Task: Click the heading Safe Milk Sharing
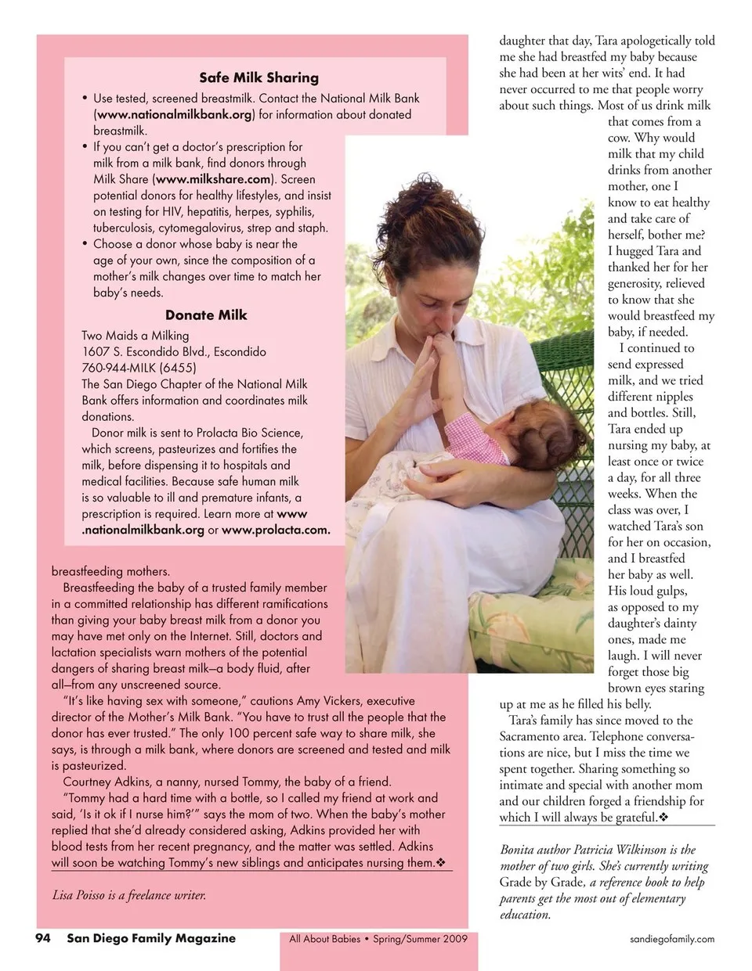click(x=258, y=77)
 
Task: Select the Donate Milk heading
click(x=206, y=315)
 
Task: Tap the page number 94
click(x=43, y=938)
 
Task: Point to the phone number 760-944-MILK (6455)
click(x=139, y=368)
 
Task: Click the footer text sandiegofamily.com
click(x=672, y=939)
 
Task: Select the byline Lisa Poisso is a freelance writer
click(x=129, y=895)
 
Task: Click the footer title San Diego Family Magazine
click(x=150, y=938)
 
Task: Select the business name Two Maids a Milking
click(x=135, y=335)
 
